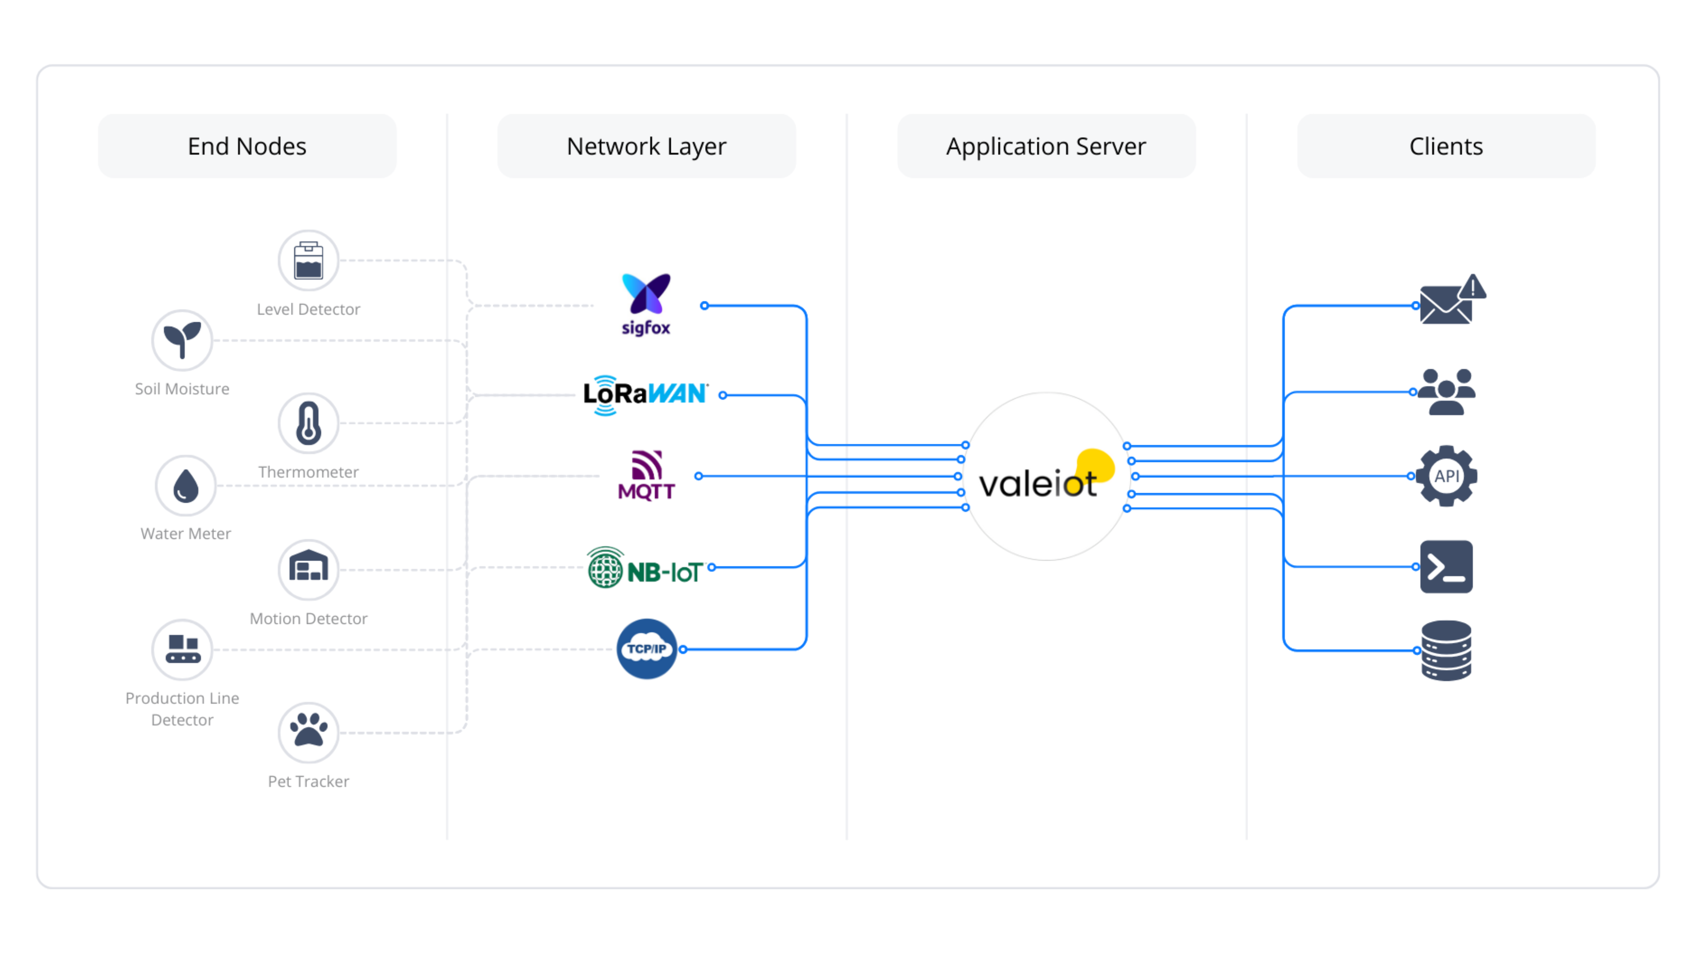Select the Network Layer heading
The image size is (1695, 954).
(646, 146)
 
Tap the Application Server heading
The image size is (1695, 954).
(1046, 146)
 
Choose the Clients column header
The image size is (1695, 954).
(1446, 146)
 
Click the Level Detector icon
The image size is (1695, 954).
(308, 261)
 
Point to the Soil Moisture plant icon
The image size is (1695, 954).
(182, 340)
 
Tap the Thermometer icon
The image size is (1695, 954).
(308, 423)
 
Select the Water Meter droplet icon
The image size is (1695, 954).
(186, 486)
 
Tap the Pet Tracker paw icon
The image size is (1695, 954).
(308, 732)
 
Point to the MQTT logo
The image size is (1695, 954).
(646, 475)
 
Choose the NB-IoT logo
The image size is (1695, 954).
(645, 568)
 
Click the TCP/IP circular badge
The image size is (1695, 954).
(646, 649)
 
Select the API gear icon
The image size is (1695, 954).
(1446, 476)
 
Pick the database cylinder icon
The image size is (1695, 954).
(1446, 650)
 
